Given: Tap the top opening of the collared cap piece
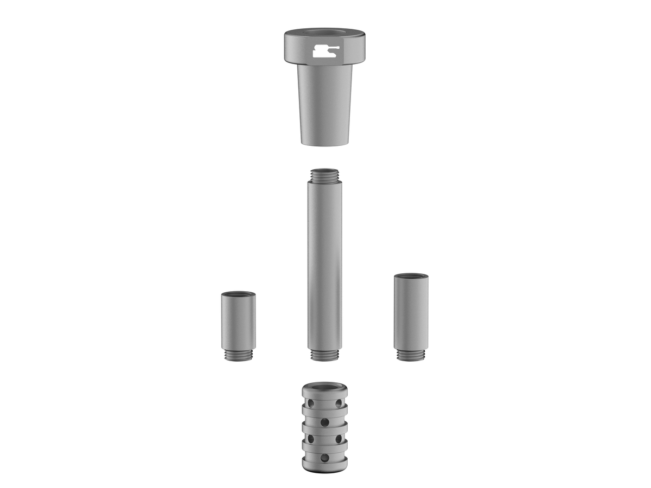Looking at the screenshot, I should [324, 33].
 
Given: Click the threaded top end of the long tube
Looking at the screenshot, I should [324, 175].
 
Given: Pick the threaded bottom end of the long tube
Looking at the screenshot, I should [324, 355].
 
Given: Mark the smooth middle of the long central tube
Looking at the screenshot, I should [324, 266].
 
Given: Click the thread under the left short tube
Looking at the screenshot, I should [238, 355].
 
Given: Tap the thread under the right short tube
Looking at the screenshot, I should [411, 355].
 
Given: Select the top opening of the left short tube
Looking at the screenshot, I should [238, 294].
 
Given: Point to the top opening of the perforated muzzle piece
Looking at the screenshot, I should [324, 387].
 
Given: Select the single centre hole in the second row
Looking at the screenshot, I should [324, 421].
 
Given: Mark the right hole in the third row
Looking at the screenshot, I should [339, 438].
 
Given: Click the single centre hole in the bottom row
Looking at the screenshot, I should [324, 458].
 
